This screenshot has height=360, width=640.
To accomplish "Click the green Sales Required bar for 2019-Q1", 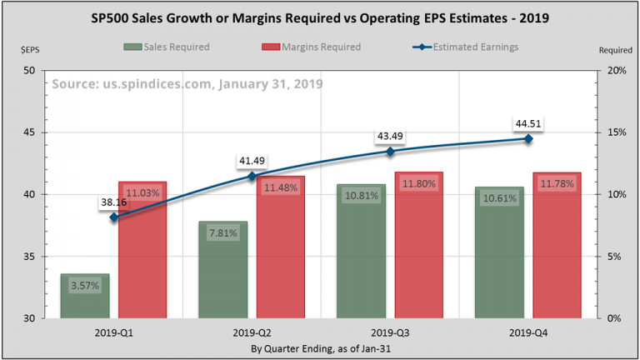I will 85,296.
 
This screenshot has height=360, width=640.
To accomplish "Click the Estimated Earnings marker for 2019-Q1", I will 114,217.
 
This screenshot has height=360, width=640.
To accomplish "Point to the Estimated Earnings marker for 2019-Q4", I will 528,138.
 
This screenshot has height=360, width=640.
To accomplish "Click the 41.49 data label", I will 251,160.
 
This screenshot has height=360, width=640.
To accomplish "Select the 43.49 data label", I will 389,136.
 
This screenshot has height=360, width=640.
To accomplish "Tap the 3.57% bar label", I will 85,285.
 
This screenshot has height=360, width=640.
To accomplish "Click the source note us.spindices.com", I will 187,84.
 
